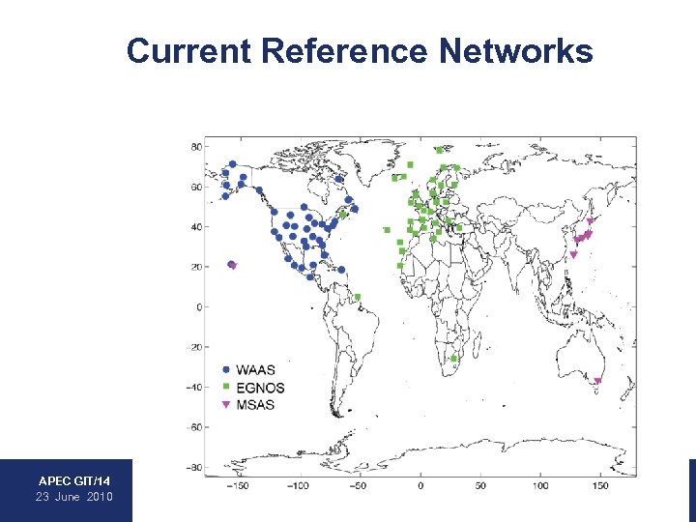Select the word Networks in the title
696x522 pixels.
coord(515,50)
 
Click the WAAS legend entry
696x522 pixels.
coord(254,369)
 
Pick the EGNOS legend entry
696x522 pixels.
coord(260,388)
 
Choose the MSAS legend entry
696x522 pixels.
coord(255,405)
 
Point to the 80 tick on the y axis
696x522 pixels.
coord(195,147)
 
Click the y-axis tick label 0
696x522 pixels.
coord(199,307)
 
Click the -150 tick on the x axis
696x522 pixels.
coord(238,485)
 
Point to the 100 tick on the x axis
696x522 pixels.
coord(539,485)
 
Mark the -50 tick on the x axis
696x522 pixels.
coord(359,485)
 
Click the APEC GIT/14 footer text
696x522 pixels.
coord(74,480)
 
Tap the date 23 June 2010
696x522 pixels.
coord(74,497)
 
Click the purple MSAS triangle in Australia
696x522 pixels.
coord(597,381)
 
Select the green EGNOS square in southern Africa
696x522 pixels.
coord(453,359)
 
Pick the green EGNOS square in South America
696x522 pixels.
coord(357,297)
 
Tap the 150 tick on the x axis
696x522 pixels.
coord(600,485)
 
